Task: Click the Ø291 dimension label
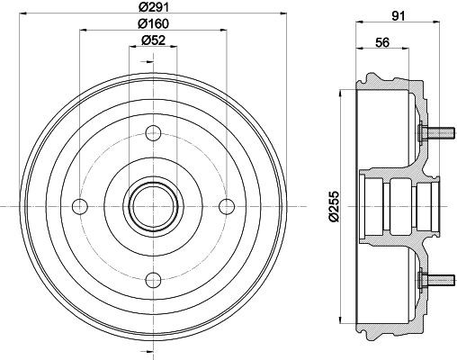click(x=154, y=7)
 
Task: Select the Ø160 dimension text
click(x=153, y=23)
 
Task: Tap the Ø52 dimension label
click(x=153, y=40)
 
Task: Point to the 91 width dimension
click(x=399, y=16)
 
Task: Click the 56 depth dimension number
click(x=382, y=42)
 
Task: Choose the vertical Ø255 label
click(x=334, y=206)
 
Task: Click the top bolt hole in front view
click(x=153, y=133)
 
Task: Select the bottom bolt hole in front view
click(x=153, y=280)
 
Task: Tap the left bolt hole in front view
click(x=80, y=206)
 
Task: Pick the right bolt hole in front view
click(x=227, y=206)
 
